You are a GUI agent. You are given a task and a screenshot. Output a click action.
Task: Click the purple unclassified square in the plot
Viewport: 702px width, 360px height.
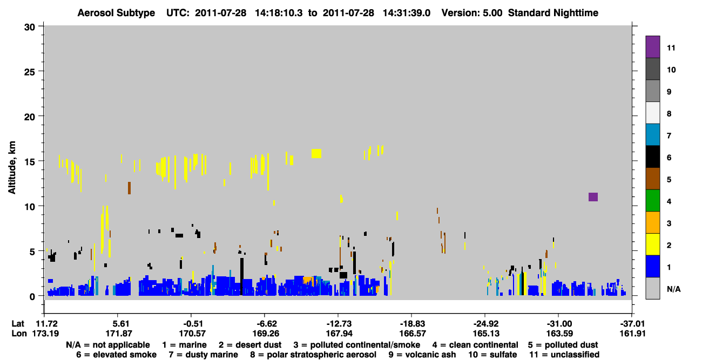coord(593,197)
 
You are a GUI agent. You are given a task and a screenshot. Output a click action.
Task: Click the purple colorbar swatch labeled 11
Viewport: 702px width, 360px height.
coord(652,46)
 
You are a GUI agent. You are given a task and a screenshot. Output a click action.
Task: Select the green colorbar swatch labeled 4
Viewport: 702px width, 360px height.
coord(652,201)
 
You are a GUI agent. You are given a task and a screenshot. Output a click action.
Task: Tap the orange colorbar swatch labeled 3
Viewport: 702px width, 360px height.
coord(652,222)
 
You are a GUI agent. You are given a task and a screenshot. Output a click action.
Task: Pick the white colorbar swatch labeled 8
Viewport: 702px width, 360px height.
coord(652,113)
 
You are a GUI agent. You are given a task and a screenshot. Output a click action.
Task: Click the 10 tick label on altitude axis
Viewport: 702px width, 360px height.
coord(30,207)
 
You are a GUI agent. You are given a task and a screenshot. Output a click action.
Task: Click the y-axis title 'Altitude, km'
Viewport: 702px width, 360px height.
coord(11,168)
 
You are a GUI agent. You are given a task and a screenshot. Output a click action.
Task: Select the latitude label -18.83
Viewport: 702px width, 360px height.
coord(413,324)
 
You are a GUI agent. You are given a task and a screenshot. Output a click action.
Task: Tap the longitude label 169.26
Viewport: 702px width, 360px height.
coord(266,334)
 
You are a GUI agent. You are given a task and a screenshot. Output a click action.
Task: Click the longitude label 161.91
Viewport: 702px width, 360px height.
coord(632,334)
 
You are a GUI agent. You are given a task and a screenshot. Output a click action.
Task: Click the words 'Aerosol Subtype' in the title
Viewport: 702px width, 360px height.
coord(116,13)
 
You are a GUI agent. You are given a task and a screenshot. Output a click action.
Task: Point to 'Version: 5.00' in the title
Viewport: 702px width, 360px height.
coord(472,13)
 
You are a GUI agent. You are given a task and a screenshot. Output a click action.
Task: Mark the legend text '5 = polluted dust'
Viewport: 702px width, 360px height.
coord(563,345)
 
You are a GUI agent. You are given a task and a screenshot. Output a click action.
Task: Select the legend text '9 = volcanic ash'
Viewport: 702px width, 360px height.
coord(422,355)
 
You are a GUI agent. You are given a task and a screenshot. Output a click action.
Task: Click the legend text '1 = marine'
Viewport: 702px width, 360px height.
coord(184,345)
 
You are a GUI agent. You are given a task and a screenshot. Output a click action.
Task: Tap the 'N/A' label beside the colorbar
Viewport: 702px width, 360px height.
coord(673,289)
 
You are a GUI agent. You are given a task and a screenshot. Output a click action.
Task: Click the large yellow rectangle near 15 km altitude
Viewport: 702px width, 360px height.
coord(316,153)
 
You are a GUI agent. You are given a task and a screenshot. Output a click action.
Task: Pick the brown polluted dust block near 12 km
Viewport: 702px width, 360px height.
coord(129,188)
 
